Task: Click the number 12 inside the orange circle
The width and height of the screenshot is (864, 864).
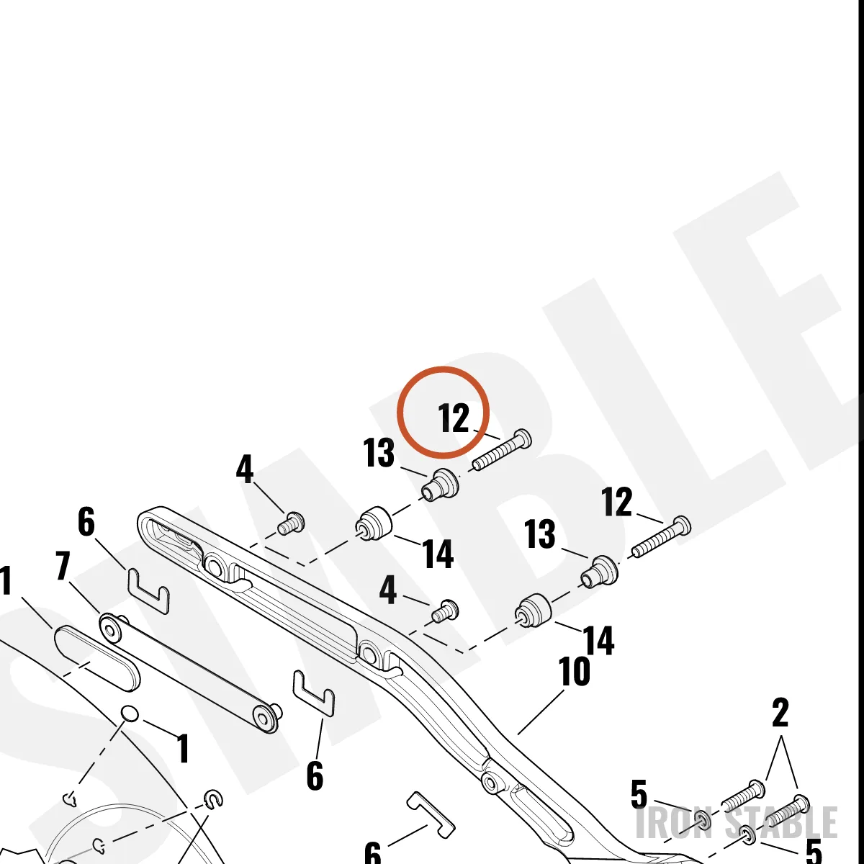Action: [454, 418]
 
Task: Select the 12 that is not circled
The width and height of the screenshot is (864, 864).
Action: [617, 502]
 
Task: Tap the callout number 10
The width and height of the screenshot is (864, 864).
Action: [575, 671]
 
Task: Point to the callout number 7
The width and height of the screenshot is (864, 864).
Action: [63, 567]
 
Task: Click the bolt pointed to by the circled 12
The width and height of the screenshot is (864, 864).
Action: [502, 449]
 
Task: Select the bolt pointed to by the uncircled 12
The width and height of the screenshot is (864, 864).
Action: [662, 536]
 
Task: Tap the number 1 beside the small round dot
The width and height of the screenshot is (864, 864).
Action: [182, 748]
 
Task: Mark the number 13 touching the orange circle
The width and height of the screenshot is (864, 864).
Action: [379, 453]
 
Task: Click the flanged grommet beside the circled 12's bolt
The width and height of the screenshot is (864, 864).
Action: [440, 485]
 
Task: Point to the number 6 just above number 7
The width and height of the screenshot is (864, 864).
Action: [86, 521]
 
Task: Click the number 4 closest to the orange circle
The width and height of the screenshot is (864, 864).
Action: [244, 469]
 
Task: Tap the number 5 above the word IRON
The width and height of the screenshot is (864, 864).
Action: [639, 794]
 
